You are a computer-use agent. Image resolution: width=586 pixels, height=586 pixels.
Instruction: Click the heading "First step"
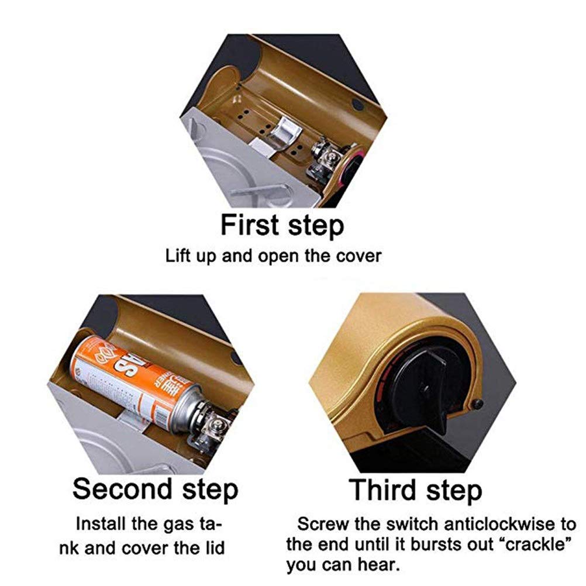pos(282,225)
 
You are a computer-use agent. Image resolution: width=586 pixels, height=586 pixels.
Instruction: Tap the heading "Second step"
pos(155,489)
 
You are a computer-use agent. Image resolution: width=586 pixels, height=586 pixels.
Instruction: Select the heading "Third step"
pos(415,490)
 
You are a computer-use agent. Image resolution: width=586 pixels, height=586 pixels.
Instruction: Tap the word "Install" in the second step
pos(101,523)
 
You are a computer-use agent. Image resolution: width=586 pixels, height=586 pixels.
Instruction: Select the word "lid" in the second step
pos(214,548)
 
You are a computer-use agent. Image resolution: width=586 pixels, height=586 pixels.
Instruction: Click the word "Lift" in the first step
pos(178,256)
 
